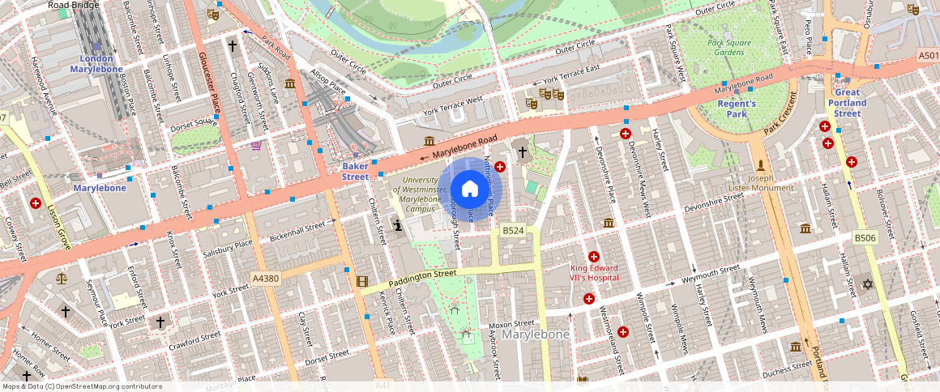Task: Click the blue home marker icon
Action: (469, 189)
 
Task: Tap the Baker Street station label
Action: (355, 172)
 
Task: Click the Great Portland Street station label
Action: (847, 103)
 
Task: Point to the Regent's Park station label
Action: (737, 109)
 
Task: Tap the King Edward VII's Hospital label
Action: (594, 273)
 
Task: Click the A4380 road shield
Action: (265, 278)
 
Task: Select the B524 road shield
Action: (513, 231)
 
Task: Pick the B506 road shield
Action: (865, 237)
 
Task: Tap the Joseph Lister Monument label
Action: (760, 182)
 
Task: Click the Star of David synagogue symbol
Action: (867, 284)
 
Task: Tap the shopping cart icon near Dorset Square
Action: (256, 146)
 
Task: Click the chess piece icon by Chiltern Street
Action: (398, 225)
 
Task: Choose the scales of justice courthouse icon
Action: (62, 278)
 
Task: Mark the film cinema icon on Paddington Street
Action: (361, 281)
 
